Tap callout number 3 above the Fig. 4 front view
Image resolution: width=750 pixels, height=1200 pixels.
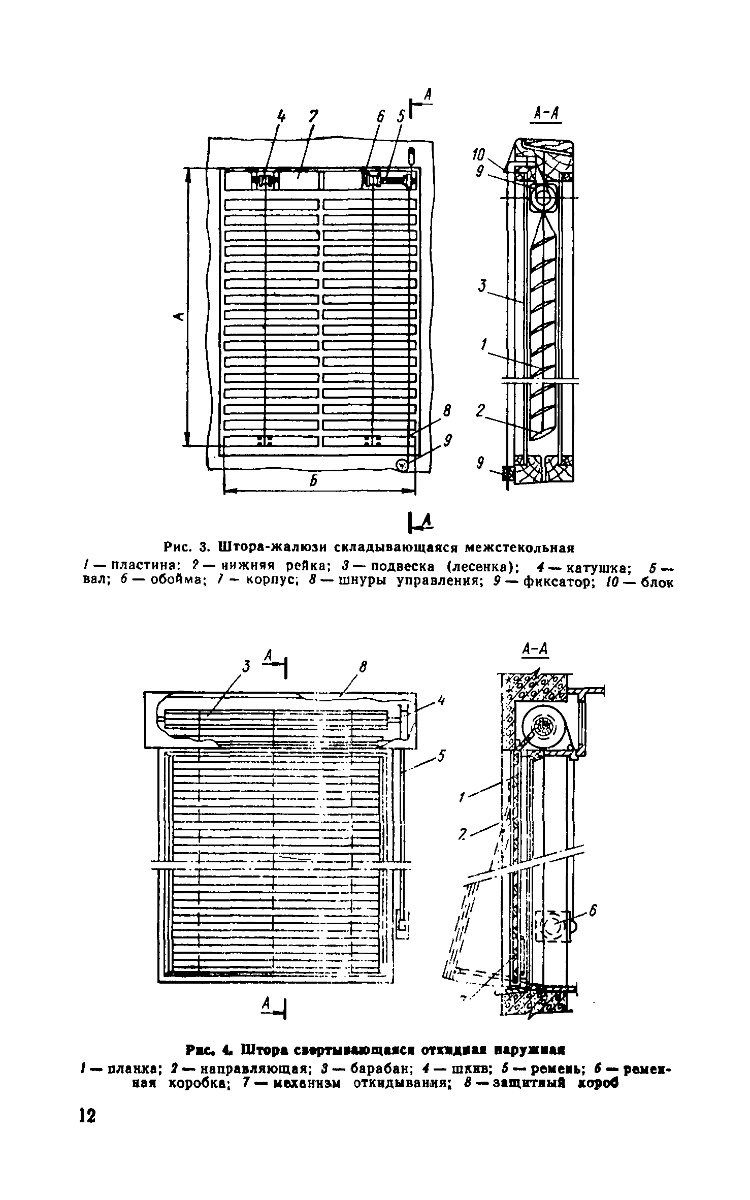[x=246, y=666]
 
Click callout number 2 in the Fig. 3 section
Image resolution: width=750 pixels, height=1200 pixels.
[x=480, y=410]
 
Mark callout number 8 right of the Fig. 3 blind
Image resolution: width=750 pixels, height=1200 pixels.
[x=447, y=411]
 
